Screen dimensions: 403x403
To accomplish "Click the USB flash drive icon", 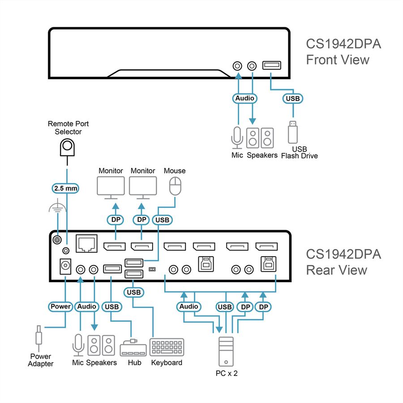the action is (293, 132).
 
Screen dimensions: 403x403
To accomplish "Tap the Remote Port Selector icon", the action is (67, 147).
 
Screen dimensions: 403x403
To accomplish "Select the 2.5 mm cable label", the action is (65, 188).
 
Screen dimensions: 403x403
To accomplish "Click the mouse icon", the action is (175, 186).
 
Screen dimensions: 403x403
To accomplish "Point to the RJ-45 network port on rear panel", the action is (86, 243).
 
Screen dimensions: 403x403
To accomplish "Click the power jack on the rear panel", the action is (65, 266).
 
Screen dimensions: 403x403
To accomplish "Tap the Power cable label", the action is (60, 306).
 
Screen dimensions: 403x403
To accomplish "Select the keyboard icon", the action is (167, 347).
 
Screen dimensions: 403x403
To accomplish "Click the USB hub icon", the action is (133, 348).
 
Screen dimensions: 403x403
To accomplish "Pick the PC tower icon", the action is (226, 352).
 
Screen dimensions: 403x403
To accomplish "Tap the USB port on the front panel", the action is (272, 65).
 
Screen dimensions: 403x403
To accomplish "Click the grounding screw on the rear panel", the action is (57, 240).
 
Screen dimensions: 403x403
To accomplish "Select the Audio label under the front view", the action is (244, 98).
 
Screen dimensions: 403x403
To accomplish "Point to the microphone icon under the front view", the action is (237, 138).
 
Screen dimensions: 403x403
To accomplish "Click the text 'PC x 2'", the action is (227, 373).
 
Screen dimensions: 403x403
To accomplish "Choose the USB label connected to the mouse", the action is (162, 220).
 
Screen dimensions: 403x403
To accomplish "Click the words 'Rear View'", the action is (336, 270).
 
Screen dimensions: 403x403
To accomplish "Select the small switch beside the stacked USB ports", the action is (152, 269).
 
